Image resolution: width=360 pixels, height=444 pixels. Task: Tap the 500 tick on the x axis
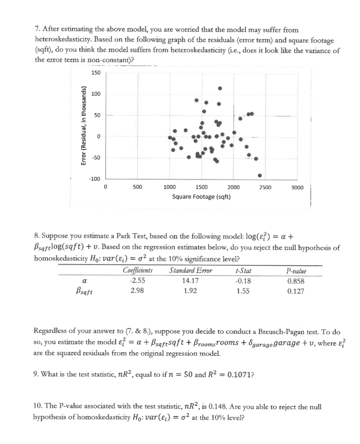[x=137, y=188]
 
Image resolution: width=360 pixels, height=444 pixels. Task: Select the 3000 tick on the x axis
[x=297, y=188]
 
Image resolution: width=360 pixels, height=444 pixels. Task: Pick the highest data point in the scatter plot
[x=220, y=88]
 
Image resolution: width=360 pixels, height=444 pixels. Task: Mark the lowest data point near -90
[x=259, y=175]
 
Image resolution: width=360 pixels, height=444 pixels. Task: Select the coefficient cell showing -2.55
[x=137, y=281]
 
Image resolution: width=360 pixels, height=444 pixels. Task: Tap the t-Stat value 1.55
[x=243, y=291]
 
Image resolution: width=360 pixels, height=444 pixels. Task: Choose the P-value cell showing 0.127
[x=295, y=291]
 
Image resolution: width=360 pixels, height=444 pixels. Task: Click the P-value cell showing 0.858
[x=295, y=281]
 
